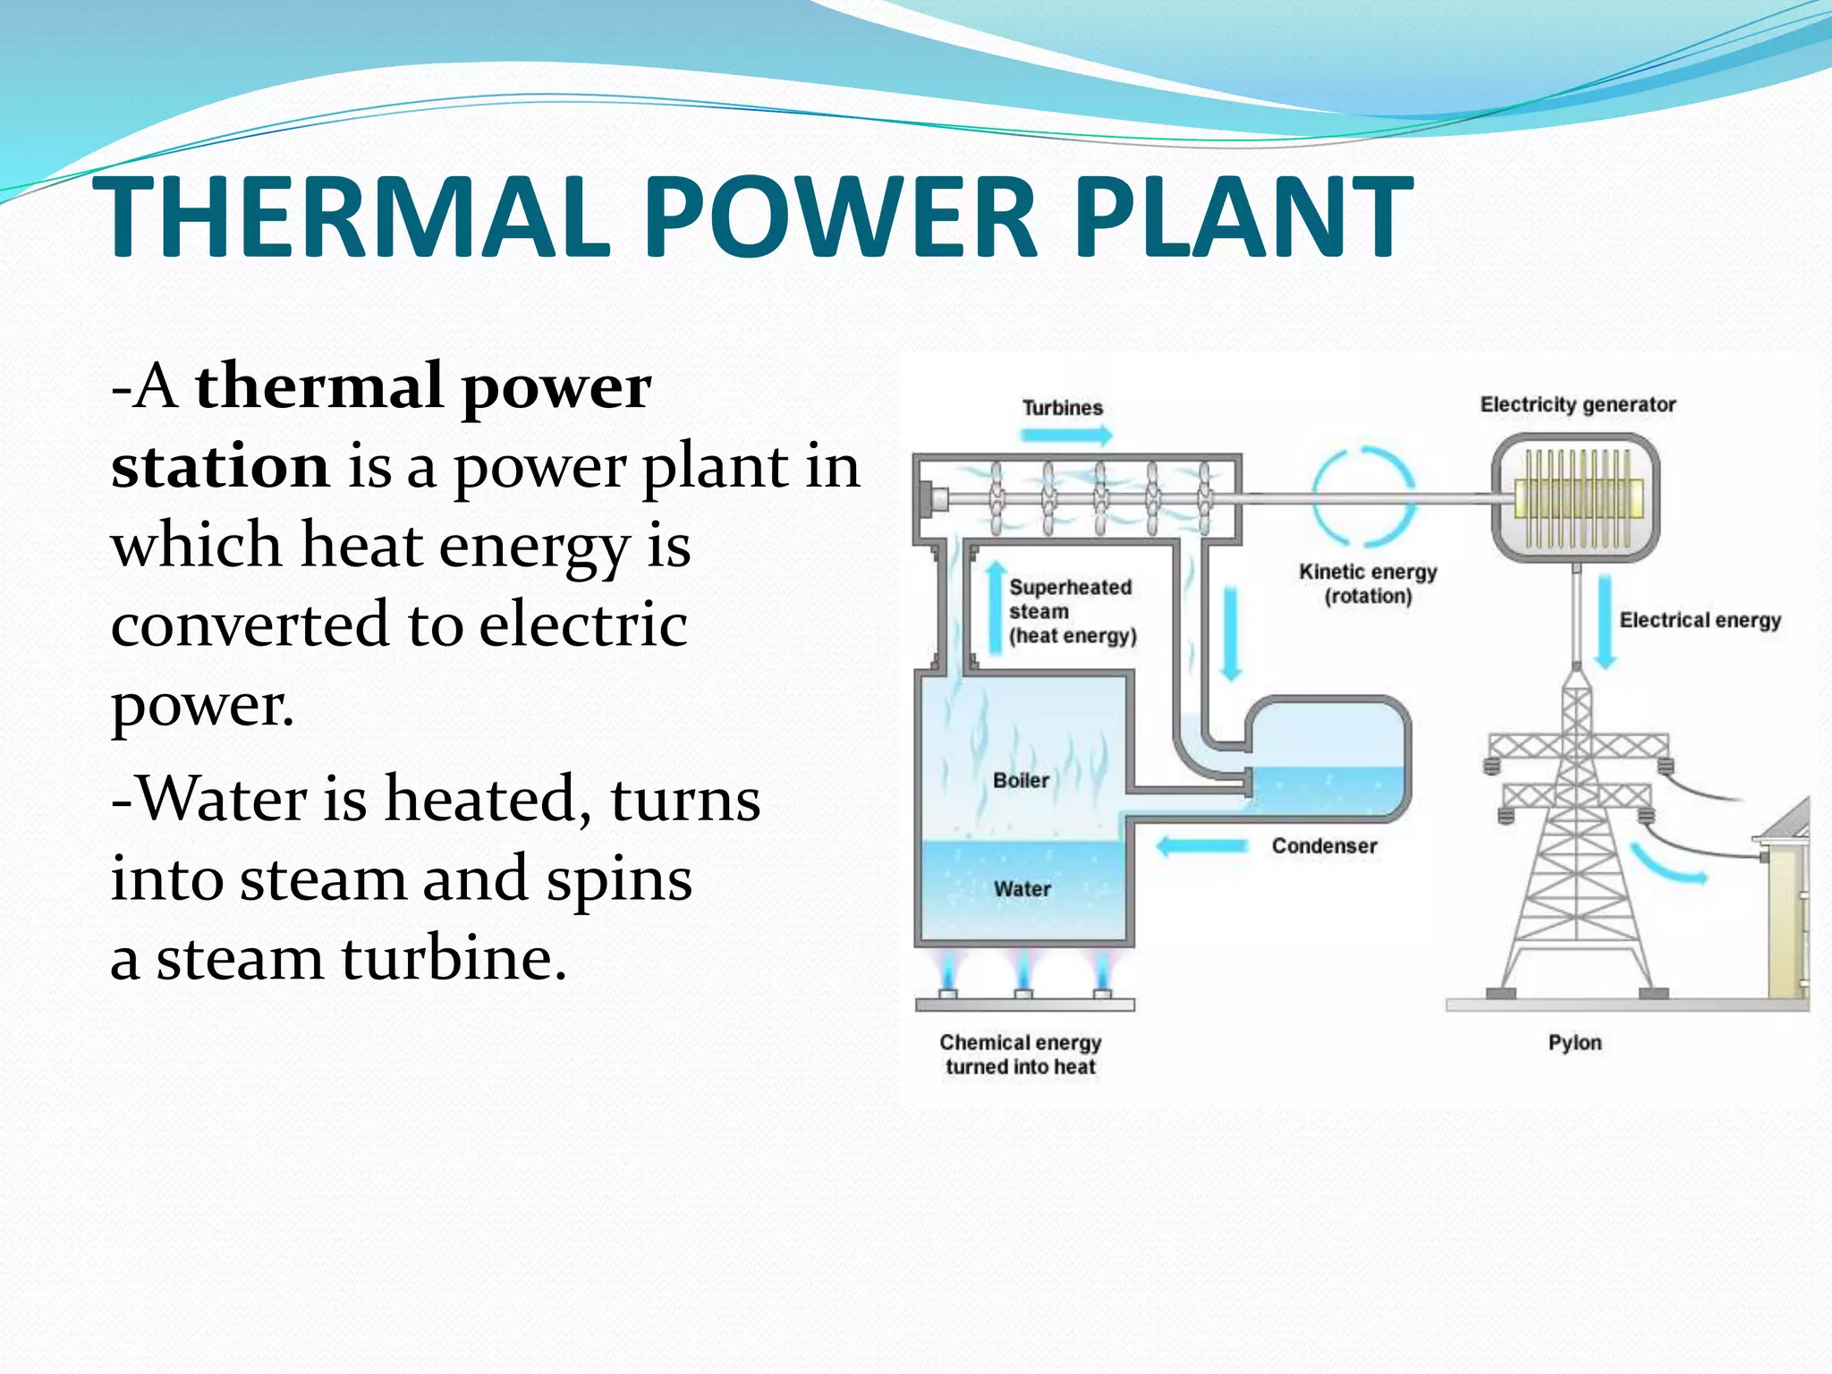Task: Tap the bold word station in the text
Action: pyautogui.click(x=220, y=467)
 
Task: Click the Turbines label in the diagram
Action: pyautogui.click(x=1063, y=408)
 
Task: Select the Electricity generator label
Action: pyautogui.click(x=1578, y=405)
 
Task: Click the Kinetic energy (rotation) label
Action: pyautogui.click(x=1368, y=584)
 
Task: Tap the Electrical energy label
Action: pyautogui.click(x=1700, y=621)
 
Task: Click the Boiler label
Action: pyautogui.click(x=1021, y=781)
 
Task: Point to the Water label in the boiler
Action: pyautogui.click(x=1022, y=889)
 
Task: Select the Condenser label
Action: pyautogui.click(x=1324, y=846)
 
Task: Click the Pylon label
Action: pyautogui.click(x=1575, y=1043)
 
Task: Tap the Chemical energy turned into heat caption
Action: pyautogui.click(x=1021, y=1055)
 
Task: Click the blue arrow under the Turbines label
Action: pyautogui.click(x=1066, y=437)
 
